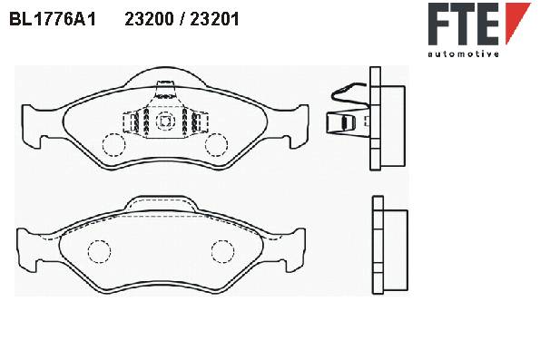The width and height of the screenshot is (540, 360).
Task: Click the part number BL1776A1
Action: coord(53,19)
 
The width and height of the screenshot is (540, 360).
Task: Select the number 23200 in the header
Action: coord(149,19)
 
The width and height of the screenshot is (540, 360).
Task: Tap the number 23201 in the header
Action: coord(214,19)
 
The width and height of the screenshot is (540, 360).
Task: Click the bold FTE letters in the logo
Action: coord(464,24)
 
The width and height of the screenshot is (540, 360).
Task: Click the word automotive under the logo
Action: coord(464,54)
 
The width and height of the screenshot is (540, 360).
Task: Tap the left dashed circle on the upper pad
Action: coord(113,144)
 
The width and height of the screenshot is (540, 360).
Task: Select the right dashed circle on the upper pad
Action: coord(216,144)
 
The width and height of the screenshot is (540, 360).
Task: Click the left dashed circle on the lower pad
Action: coord(99,251)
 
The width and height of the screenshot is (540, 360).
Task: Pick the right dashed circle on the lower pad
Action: coord(223,251)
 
